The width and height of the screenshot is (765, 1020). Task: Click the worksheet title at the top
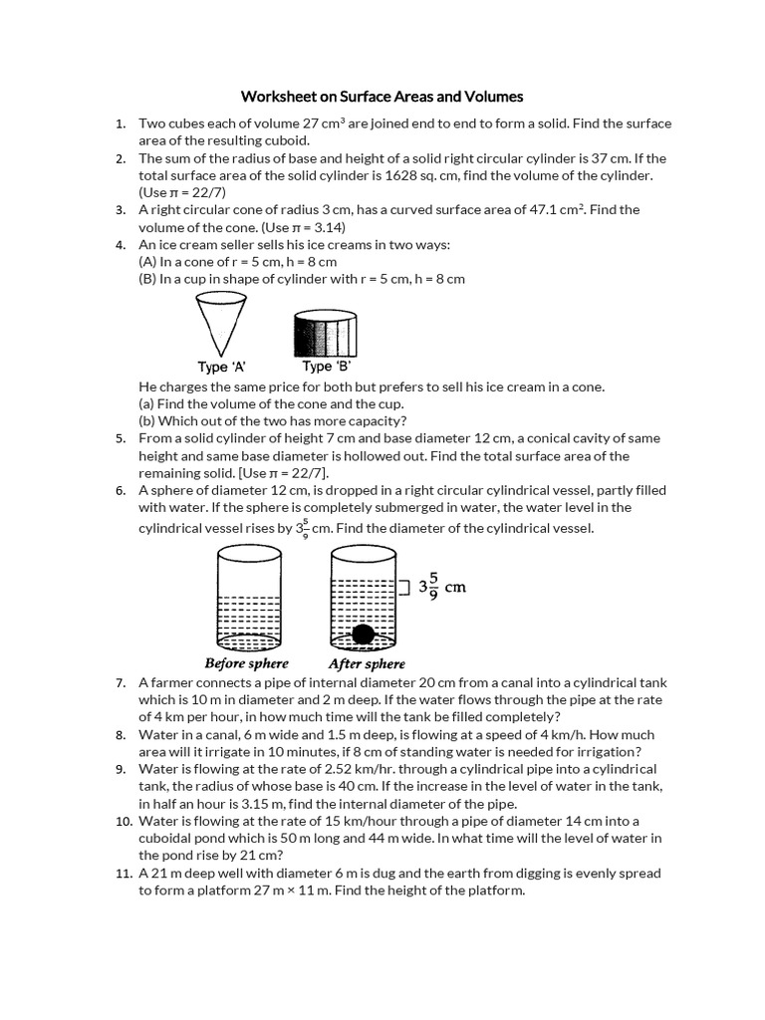(382, 97)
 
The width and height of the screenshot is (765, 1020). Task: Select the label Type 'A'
(221, 367)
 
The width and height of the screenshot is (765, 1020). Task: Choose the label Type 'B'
(326, 367)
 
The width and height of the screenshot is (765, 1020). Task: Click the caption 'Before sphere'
(246, 663)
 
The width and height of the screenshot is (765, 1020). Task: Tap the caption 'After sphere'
(367, 663)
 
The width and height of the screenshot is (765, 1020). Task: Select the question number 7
(120, 682)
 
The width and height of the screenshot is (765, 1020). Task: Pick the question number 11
(123, 873)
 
